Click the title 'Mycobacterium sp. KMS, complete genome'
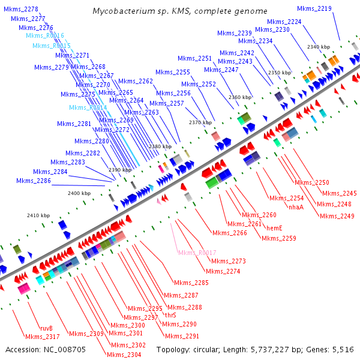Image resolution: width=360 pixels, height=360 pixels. point(180,11)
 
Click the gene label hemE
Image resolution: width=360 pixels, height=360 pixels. point(274,228)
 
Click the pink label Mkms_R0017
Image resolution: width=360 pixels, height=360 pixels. point(197,253)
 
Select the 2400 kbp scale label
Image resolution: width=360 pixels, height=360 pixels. point(79,193)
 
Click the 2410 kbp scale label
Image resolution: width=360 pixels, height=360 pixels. point(38,215)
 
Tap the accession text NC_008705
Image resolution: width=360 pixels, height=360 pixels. point(45,349)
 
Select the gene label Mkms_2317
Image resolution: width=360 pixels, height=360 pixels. point(41,337)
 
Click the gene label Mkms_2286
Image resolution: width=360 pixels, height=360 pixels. point(34,181)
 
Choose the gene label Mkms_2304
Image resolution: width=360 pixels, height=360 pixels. point(125,355)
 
